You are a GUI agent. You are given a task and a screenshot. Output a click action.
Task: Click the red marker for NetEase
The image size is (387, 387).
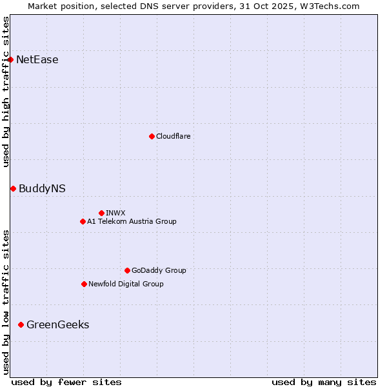[11, 60]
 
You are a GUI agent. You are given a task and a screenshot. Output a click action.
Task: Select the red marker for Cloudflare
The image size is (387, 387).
[152, 136]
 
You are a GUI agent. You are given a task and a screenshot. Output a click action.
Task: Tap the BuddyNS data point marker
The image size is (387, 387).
[13, 188]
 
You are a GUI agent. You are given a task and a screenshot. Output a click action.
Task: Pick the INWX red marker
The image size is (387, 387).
[101, 213]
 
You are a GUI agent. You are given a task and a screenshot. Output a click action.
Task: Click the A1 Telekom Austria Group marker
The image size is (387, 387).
[83, 221]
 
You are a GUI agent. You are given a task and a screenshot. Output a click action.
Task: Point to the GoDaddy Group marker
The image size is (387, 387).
[127, 270]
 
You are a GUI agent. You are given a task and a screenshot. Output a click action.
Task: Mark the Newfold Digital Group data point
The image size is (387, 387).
[84, 284]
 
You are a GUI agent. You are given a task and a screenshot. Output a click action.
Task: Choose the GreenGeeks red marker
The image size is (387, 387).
[21, 324]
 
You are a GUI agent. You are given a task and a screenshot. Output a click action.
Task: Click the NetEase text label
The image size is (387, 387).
[37, 60]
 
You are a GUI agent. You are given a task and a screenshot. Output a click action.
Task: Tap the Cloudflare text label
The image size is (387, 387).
[173, 136]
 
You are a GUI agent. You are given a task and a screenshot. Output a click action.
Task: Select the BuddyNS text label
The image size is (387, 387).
[42, 188]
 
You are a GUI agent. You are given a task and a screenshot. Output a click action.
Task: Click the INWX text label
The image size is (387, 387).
[115, 213]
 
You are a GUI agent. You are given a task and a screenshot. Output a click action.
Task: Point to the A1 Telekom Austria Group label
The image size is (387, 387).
[132, 221]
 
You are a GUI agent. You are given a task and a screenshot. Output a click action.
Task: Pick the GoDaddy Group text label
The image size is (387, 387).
[159, 270]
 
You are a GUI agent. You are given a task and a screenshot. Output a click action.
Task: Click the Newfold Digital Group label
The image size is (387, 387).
[126, 284]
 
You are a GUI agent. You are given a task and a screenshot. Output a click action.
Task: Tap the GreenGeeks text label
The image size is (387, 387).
[57, 324]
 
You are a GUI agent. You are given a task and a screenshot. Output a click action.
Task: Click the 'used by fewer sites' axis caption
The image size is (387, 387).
[66, 382]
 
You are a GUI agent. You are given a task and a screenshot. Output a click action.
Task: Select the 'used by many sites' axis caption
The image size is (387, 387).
[324, 382]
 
